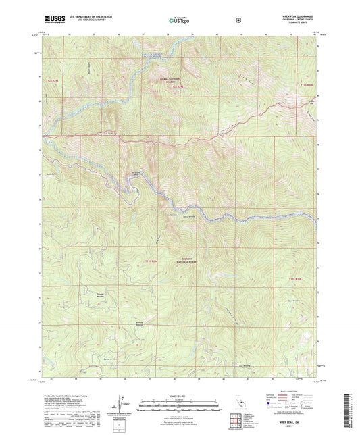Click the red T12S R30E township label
pyautogui.click(x=306, y=84)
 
